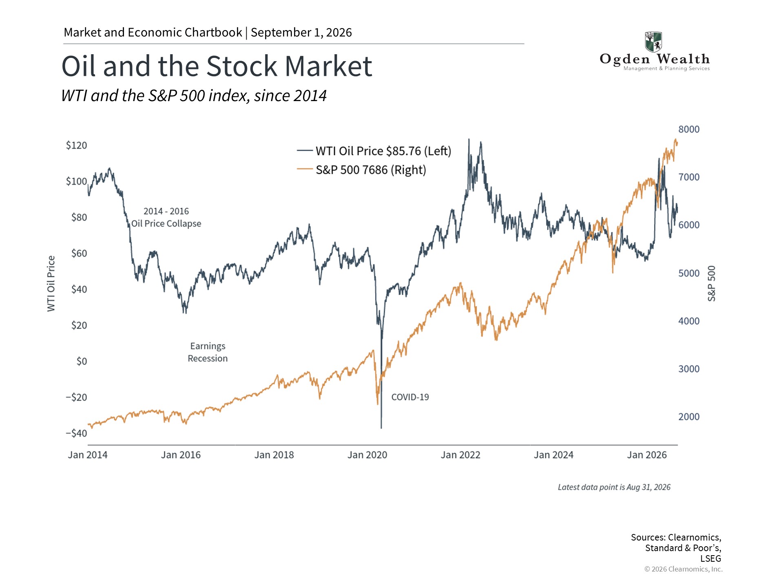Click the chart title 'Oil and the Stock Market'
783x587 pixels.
217,66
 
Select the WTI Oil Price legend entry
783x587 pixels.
374,151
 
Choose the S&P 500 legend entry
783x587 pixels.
361,170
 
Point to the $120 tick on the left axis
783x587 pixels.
76,146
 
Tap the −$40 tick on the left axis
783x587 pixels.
76,433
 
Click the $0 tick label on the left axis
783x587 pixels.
82,361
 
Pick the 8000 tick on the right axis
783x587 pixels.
689,129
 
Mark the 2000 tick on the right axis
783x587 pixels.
689,417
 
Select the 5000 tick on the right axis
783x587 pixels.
689,273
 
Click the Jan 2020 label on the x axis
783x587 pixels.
367,455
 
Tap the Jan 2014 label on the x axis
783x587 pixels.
88,455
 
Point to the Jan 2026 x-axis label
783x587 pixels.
647,455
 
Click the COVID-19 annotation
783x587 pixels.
410,397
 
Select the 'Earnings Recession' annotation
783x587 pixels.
208,352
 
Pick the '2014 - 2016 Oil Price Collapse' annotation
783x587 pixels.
166,217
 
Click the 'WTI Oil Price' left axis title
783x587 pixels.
51,284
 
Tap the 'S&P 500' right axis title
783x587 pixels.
712,284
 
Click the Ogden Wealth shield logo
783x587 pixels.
653,42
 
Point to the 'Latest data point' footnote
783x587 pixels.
614,487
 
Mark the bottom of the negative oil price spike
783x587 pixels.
381,428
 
